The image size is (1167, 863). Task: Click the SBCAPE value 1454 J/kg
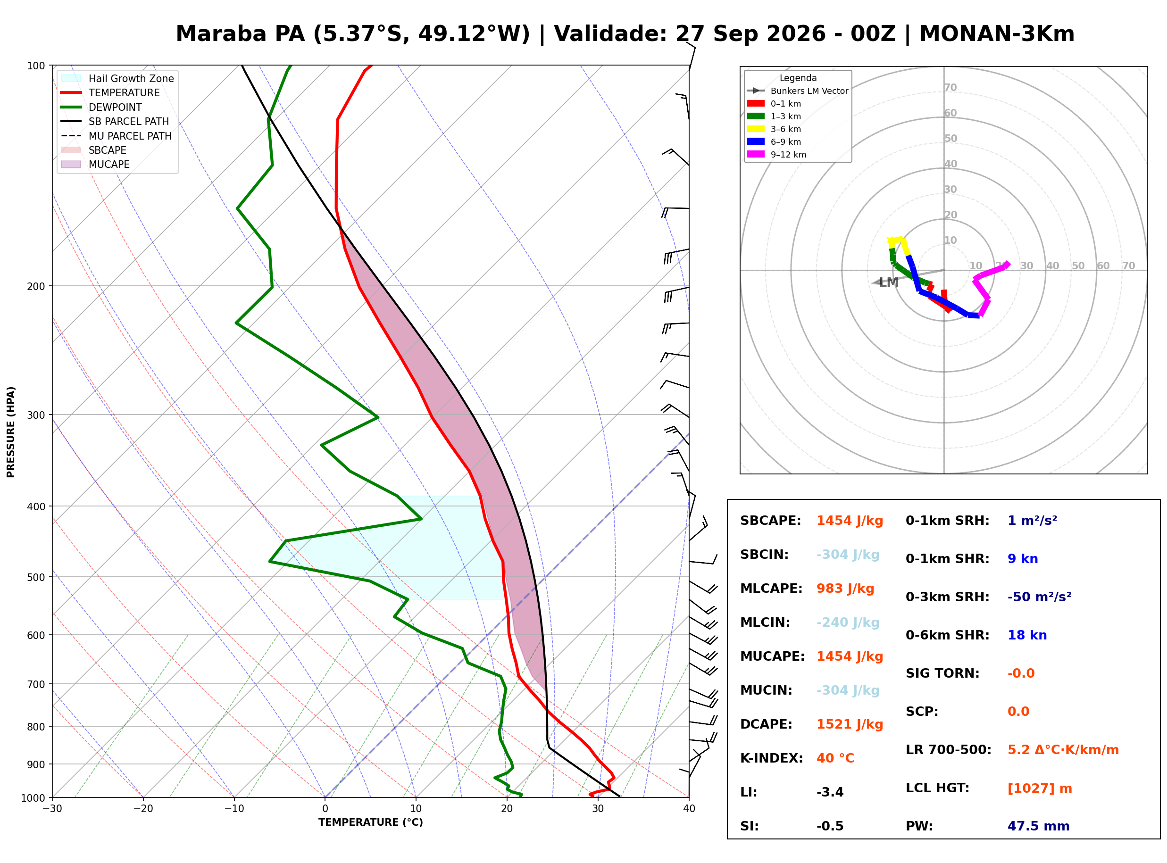coord(850,521)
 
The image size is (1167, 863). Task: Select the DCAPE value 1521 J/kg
coord(850,724)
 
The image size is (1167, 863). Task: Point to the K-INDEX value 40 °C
coord(835,758)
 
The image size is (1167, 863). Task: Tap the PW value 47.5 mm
coord(1039,826)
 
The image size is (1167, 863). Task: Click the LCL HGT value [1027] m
coord(1040,788)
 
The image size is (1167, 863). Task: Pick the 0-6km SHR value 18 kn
coord(1027,635)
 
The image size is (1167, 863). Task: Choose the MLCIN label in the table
coord(765,622)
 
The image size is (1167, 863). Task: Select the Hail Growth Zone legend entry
coord(117,78)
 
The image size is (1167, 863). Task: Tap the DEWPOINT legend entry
coord(101,107)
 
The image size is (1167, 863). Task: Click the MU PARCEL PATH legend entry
coord(116,136)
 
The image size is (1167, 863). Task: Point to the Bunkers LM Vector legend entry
coord(798,91)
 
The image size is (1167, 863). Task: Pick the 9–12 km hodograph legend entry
coord(777,155)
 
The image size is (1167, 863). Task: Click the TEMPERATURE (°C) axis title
coord(371,822)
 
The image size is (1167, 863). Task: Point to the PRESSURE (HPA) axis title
coord(11,432)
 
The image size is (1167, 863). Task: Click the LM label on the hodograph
coord(889,282)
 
